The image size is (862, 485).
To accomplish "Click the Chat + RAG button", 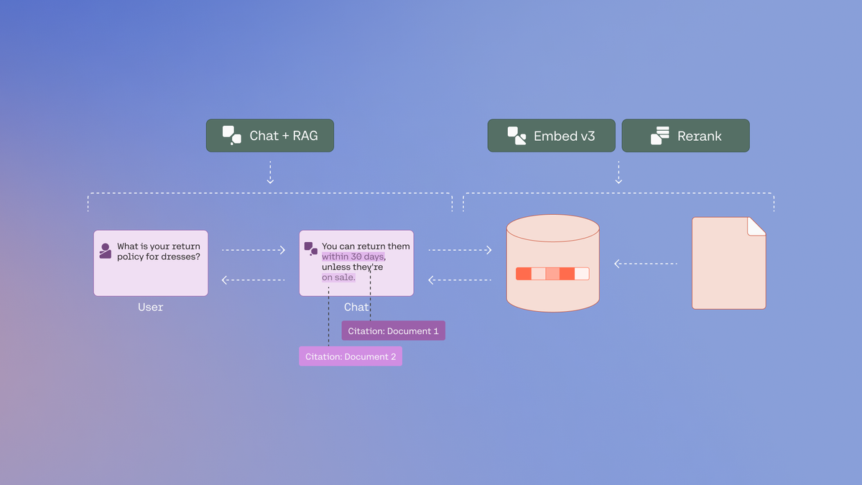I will point(270,136).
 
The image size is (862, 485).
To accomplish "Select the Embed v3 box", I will point(551,136).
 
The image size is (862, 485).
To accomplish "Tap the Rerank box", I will point(685,136).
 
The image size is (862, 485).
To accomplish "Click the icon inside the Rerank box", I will point(659,136).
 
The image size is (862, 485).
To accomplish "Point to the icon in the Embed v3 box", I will point(516,136).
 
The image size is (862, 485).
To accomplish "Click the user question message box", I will point(151,263).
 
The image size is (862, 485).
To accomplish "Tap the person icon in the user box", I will point(106,251).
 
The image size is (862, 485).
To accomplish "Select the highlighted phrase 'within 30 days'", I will point(353,257).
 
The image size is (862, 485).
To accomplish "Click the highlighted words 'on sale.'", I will point(338,277).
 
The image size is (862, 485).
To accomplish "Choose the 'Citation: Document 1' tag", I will point(393,331).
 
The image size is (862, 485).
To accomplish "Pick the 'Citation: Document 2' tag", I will point(351,356).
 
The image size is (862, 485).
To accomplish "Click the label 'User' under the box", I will point(151,307).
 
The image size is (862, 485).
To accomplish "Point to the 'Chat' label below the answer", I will point(356,307).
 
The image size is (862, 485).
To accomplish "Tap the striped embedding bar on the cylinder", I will point(552,274).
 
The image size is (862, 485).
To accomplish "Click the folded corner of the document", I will point(756,226).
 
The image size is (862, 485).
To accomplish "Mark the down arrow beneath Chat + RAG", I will point(270,173).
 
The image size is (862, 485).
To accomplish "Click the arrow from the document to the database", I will point(645,264).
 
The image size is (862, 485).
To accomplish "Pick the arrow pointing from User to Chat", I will point(254,250).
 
